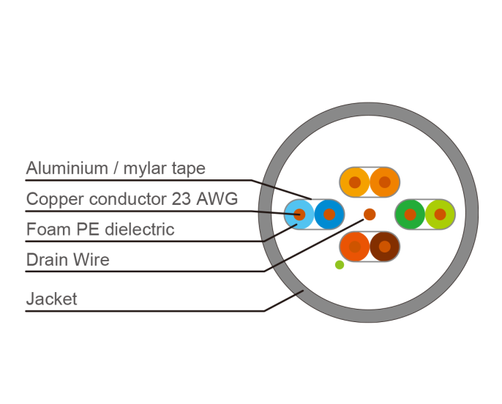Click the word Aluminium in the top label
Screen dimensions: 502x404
[x=67, y=168]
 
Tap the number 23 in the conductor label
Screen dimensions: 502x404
[x=181, y=199]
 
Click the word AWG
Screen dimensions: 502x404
[x=217, y=199]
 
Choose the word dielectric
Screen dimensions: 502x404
[x=140, y=229]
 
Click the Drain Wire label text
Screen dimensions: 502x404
[x=68, y=260]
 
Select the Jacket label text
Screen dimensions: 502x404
[x=51, y=299]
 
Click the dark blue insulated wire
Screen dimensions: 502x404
[x=329, y=214]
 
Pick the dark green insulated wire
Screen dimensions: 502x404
[x=410, y=214]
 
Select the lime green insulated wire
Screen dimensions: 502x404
[x=441, y=214]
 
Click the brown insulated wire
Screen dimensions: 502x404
[x=385, y=247]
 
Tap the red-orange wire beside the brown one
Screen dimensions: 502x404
[x=355, y=247]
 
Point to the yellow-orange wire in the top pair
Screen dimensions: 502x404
[x=355, y=182]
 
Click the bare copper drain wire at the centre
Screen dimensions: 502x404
[x=370, y=214]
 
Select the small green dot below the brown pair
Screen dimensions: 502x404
[x=340, y=265]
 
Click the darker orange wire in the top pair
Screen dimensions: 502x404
[x=385, y=182]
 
